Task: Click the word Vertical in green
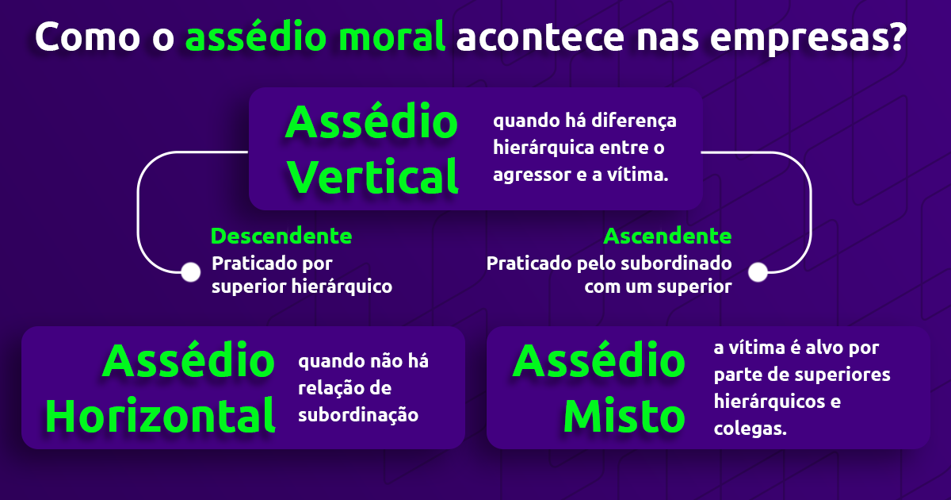[x=373, y=175]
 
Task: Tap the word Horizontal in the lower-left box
[x=160, y=414]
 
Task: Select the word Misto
[x=624, y=414]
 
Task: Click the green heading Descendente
[x=281, y=236]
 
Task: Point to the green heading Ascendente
[x=667, y=236]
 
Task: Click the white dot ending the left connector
[x=190, y=272]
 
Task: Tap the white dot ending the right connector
[x=758, y=272]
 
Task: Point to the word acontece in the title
[x=546, y=37]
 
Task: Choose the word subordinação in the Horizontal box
[x=358, y=414]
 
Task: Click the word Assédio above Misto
[x=598, y=362]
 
